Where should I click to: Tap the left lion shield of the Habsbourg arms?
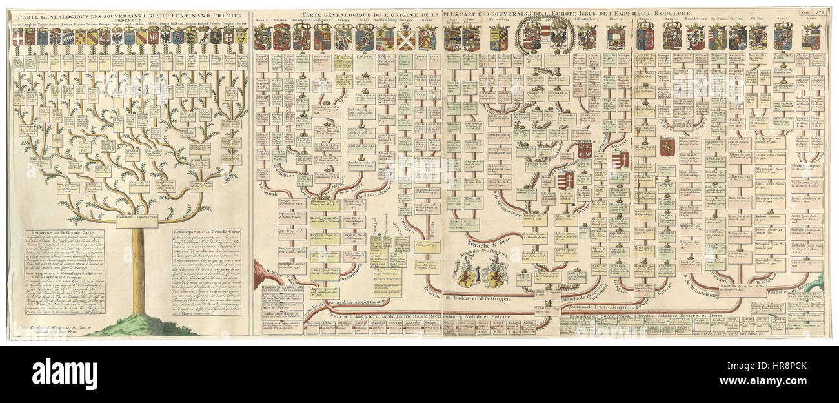465,274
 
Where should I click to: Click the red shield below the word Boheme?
667,149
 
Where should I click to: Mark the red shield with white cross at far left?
18,37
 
